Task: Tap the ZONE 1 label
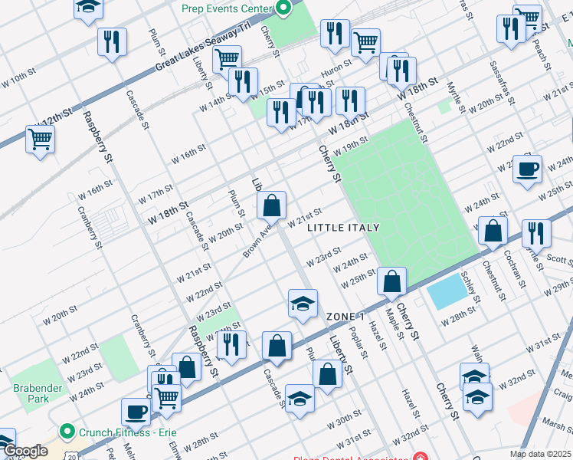(x=345, y=317)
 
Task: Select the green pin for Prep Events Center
(x=284, y=8)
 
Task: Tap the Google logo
(x=25, y=451)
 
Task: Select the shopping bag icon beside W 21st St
(x=272, y=206)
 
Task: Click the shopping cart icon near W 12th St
(x=40, y=140)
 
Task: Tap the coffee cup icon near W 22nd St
(x=527, y=169)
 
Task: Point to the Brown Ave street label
(x=257, y=240)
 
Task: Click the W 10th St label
(x=19, y=78)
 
